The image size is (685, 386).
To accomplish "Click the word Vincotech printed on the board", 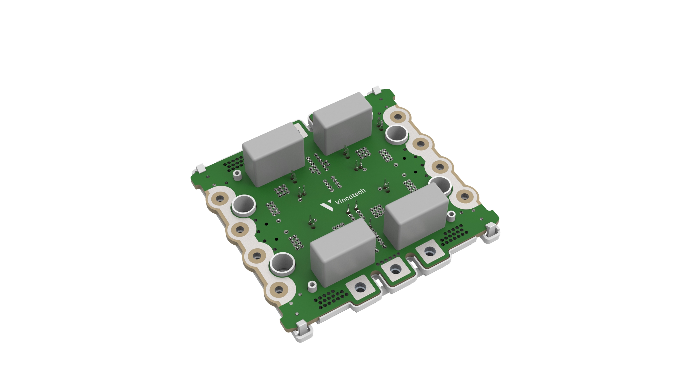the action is pyautogui.click(x=350, y=196).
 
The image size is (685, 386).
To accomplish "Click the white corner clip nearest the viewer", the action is pyautogui.click(x=303, y=331).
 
